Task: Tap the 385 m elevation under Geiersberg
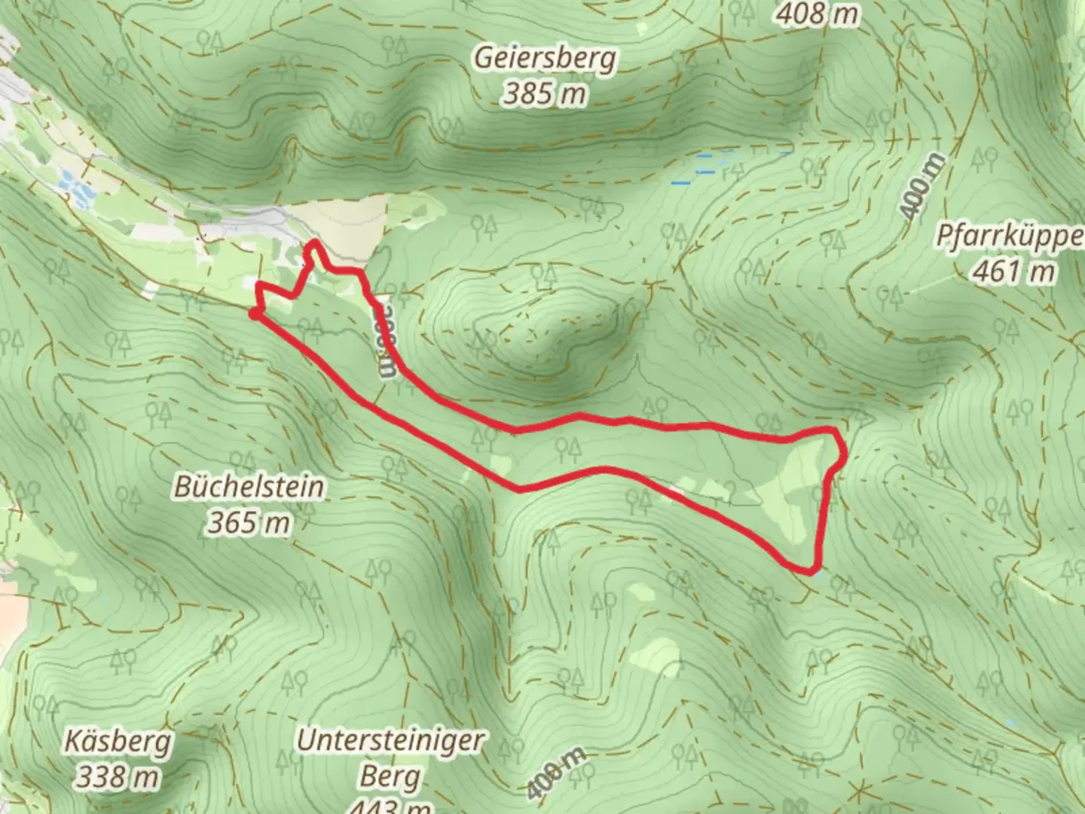[544, 94]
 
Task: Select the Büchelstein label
[249, 486]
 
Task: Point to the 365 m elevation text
[248, 522]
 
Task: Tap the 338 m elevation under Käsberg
[117, 776]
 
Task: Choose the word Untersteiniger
[389, 740]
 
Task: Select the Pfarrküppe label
[1010, 236]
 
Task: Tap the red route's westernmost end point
[254, 314]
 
